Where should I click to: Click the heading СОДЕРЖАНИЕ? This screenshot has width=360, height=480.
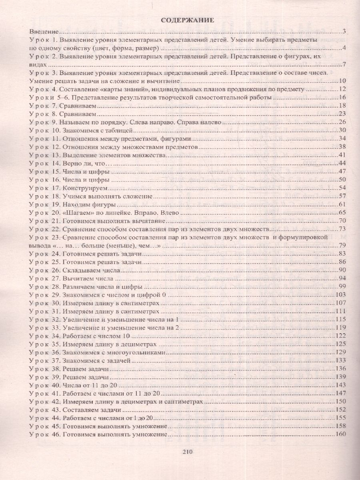tap(188, 20)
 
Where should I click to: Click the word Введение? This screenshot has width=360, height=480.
tap(44, 31)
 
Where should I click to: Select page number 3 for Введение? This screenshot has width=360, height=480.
tap(344, 32)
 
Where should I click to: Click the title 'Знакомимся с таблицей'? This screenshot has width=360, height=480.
tap(96, 130)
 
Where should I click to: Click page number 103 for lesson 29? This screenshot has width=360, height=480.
tap(340, 295)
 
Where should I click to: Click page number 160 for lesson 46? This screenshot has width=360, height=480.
tap(340, 435)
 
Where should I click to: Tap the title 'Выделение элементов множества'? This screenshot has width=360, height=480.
tap(110, 155)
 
